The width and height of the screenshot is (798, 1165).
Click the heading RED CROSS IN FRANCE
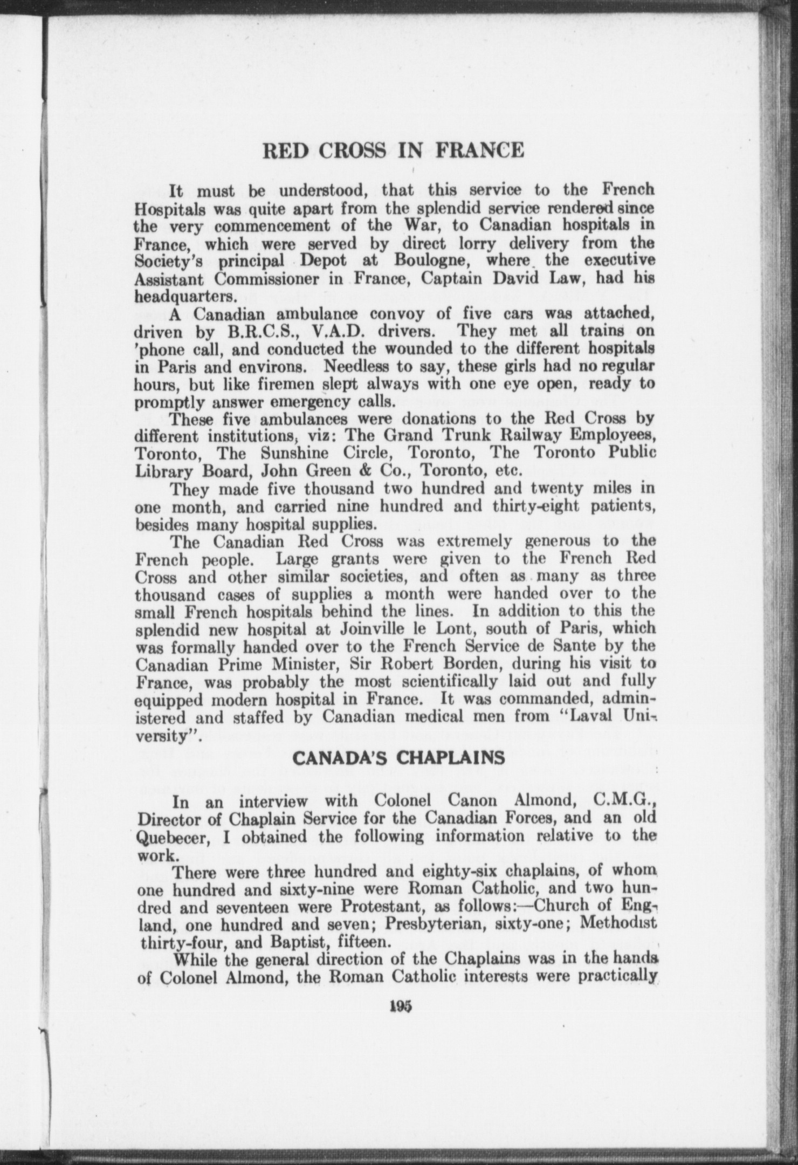(393, 150)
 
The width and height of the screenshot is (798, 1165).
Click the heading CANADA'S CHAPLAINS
(398, 758)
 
